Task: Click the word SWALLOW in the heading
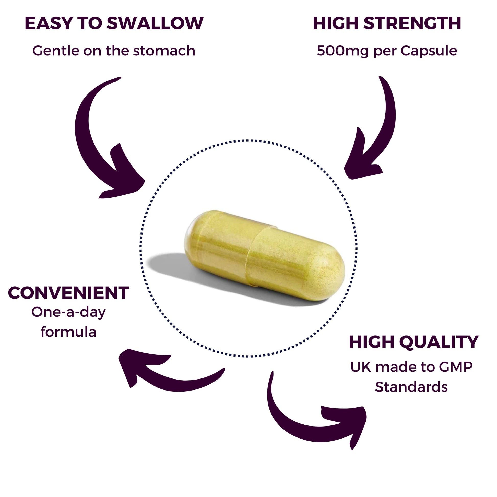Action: (155, 23)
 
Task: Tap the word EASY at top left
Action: (49, 23)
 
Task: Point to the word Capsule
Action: (429, 51)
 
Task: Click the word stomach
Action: (164, 51)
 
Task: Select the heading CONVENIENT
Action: (68, 293)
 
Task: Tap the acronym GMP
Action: (456, 367)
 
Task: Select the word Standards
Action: (411, 387)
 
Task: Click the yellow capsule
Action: (265, 255)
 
